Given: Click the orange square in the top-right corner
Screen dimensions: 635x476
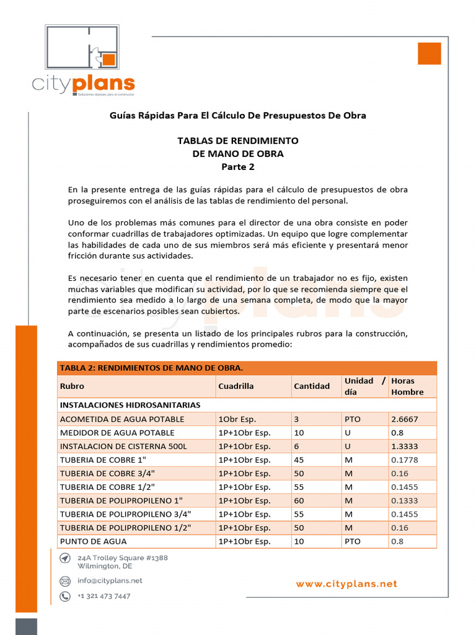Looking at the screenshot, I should pos(429,53).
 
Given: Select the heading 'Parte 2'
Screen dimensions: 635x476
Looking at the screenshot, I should pos(238,166).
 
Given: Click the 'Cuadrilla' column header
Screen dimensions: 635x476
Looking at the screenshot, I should pos(236,386).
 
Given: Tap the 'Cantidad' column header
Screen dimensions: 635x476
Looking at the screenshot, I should pos(312,386).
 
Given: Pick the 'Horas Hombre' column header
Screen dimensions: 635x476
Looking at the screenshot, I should pos(408,386).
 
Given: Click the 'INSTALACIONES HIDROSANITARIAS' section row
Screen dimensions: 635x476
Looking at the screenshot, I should pos(130,405).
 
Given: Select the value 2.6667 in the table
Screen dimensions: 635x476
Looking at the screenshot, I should pos(405,419).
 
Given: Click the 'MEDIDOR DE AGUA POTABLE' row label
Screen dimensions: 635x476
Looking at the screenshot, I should pos(117,433).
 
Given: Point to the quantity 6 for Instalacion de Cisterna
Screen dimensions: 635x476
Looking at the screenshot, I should pos(296,446).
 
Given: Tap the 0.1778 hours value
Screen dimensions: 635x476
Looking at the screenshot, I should pos(405,460).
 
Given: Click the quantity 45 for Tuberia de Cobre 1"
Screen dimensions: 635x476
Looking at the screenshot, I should pos(299,460).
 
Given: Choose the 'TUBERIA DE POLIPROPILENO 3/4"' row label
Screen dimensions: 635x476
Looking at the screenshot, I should pos(125,514).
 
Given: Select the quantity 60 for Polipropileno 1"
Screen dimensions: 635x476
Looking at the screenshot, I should pos(299,500).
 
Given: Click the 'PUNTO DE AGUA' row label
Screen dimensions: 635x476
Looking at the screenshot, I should pos(93,541).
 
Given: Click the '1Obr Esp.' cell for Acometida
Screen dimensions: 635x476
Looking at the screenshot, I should pos(237,419).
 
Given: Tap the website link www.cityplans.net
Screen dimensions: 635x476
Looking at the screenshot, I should pos(346,584).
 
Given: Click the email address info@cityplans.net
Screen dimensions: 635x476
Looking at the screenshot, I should pos(110,581).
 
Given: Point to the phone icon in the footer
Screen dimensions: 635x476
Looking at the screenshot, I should pos(65,597).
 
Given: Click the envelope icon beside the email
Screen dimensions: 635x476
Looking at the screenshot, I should pos(65,581).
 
